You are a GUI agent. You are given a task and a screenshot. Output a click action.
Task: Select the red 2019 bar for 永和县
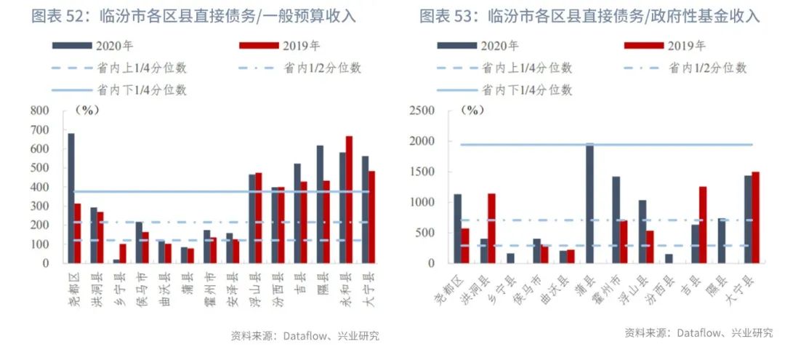coord(349,199)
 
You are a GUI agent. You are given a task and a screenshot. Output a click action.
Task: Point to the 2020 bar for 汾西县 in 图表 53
coord(669,258)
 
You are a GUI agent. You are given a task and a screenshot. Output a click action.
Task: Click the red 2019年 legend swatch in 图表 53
coord(644,46)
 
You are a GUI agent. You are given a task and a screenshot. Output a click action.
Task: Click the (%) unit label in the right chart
coord(472,111)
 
